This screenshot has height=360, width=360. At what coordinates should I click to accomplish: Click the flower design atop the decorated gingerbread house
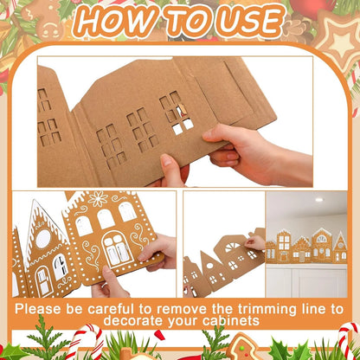pos(97,201)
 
